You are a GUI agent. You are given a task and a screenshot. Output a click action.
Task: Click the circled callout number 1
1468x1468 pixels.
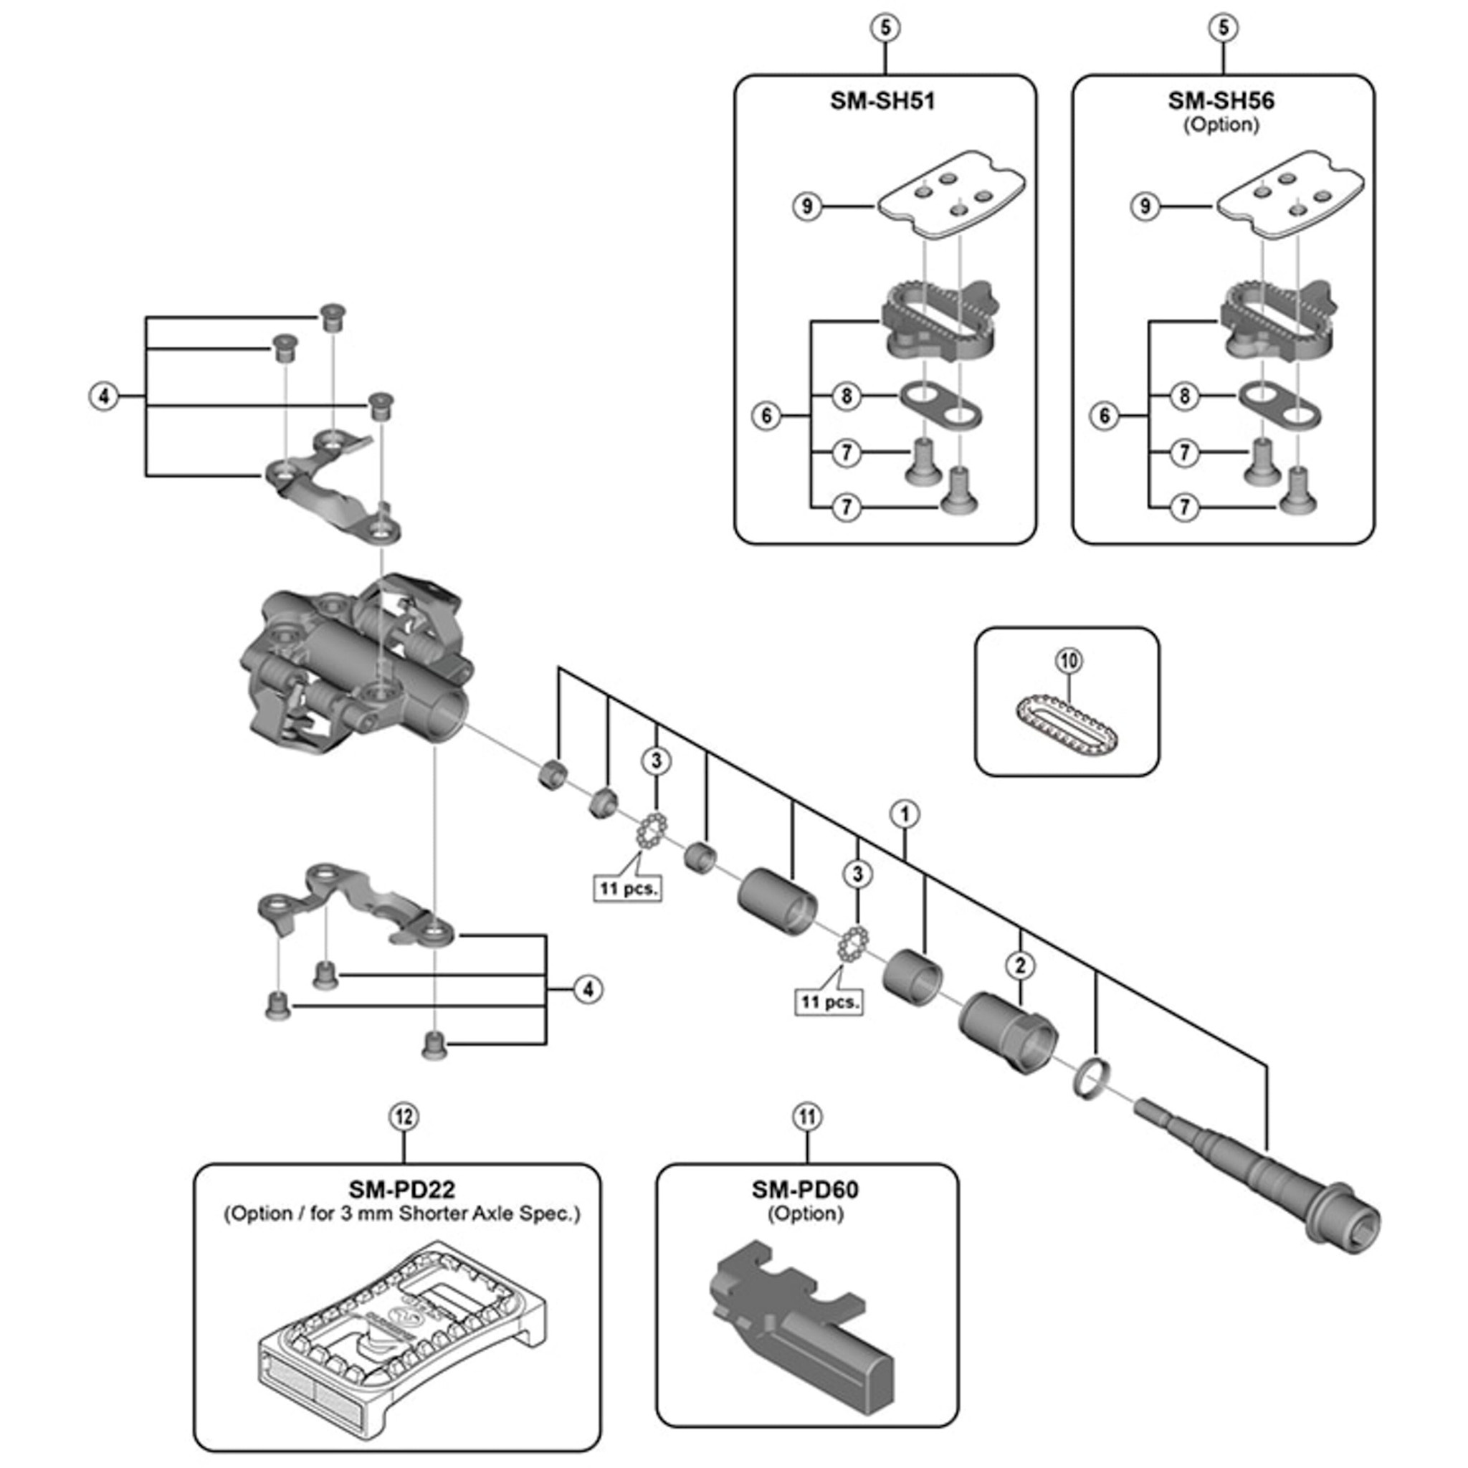click(x=904, y=814)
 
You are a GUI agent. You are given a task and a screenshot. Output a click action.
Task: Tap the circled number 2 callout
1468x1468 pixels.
click(x=1020, y=966)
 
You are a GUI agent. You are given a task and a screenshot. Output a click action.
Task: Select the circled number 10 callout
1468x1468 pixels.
click(x=1069, y=661)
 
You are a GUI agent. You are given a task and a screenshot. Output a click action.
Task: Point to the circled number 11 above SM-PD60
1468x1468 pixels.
click(x=807, y=1117)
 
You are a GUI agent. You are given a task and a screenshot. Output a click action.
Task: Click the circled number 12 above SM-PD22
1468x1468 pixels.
click(x=404, y=1117)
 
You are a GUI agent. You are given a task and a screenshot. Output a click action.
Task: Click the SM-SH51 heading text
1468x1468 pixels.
click(x=882, y=101)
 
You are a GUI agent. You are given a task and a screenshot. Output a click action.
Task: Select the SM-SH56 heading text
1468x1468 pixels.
click(x=1221, y=101)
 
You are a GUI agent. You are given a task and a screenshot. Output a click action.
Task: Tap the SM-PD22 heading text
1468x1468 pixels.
click(x=402, y=1189)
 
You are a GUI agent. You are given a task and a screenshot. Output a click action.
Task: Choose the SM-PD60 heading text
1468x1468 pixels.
click(x=806, y=1189)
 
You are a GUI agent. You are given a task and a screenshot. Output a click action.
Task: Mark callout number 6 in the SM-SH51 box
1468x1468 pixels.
click(x=766, y=416)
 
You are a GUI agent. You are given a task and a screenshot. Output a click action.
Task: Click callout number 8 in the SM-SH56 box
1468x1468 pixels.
click(x=1184, y=396)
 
